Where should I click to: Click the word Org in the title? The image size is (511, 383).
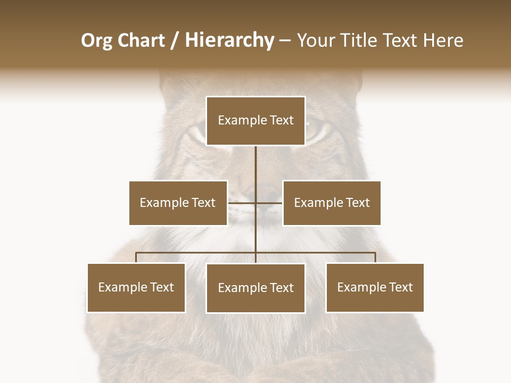[96, 40]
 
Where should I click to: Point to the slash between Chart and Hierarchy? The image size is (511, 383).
[175, 41]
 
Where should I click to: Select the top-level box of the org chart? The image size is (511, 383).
[256, 121]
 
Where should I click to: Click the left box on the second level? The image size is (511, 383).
[178, 203]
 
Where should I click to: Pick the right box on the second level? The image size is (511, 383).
[332, 203]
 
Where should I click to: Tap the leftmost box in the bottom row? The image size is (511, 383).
[136, 287]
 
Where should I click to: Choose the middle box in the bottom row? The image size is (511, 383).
[256, 288]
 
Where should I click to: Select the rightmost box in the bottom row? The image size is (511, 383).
[375, 287]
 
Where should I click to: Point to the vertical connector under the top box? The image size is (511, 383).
[256, 165]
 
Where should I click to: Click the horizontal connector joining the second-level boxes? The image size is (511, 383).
[242, 203]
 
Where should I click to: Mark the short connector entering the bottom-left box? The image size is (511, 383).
[136, 257]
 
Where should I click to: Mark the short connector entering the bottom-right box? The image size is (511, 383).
[375, 257]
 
